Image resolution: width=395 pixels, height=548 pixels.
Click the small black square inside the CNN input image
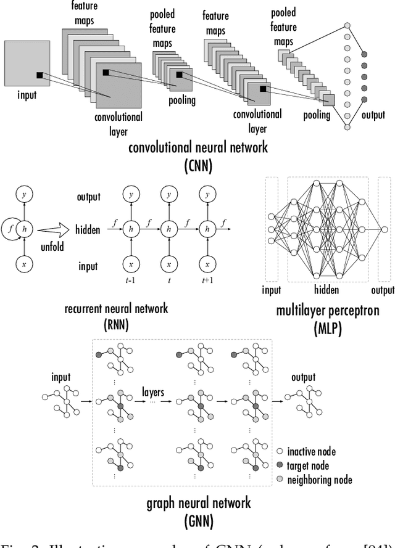39,75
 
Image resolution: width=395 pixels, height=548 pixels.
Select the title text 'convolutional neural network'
198,147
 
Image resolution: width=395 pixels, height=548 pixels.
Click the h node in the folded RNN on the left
24,228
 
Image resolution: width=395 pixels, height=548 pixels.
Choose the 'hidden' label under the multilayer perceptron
326,290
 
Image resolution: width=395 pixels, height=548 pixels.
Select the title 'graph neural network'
198,502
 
